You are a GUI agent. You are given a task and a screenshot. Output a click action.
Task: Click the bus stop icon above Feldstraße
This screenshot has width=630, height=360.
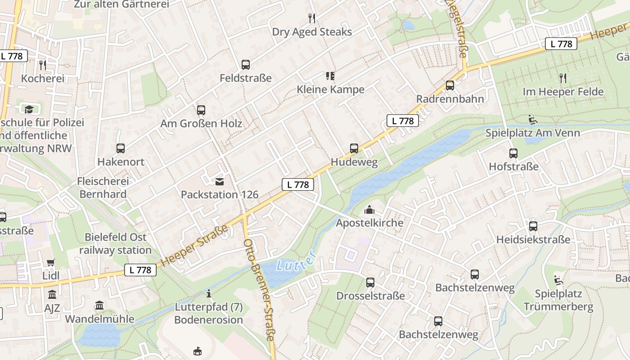click(245, 65)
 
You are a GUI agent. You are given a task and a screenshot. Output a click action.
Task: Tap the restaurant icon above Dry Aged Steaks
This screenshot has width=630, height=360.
click(312, 18)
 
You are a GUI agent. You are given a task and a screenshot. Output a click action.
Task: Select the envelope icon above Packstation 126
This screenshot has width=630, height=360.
click(220, 182)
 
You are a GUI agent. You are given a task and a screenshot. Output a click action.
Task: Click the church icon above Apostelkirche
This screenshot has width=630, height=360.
click(369, 210)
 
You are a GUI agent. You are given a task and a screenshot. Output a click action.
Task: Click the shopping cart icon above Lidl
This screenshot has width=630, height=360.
click(51, 262)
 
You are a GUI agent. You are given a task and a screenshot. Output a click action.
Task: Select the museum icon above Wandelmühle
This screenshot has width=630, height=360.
click(99, 306)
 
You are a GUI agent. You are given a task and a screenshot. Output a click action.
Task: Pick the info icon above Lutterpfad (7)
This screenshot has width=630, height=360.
click(208, 294)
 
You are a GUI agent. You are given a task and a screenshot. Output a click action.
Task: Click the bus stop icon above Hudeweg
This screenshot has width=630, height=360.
click(354, 148)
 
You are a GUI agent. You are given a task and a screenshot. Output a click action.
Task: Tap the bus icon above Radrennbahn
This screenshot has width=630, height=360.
click(450, 85)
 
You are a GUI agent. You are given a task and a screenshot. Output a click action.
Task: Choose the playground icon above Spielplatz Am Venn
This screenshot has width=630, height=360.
click(532, 120)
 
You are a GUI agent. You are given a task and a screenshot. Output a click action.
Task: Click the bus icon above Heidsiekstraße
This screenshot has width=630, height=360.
click(533, 226)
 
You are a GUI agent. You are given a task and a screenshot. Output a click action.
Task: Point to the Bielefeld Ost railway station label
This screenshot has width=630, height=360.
click(115, 243)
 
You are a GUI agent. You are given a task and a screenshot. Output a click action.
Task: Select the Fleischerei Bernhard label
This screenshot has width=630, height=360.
click(103, 188)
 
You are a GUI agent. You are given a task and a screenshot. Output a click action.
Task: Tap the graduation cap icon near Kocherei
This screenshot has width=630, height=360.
click(29, 109)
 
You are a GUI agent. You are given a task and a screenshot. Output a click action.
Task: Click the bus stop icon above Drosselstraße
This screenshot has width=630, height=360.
click(370, 283)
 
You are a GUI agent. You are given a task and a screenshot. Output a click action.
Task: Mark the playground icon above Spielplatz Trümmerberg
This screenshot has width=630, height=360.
click(558, 280)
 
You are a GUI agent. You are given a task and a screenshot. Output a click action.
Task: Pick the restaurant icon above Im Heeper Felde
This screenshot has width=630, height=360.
click(562, 78)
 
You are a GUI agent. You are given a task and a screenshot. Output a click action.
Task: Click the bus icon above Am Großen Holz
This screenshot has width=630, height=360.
click(201, 110)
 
